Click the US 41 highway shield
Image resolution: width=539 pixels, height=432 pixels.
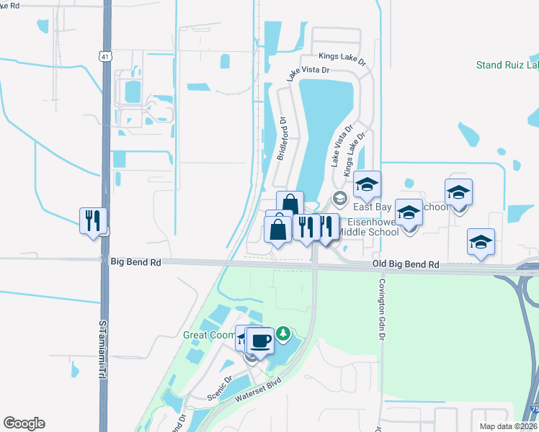click(107, 56)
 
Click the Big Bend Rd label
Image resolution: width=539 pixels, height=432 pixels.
click(135, 263)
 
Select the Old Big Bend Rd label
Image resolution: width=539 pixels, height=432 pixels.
click(406, 265)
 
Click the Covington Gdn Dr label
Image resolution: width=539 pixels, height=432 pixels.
click(381, 309)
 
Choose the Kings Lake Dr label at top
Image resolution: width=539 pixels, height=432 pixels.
click(342, 56)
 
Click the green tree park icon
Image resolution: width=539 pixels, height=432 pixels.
click(285, 333)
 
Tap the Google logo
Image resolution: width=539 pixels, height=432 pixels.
click(24, 423)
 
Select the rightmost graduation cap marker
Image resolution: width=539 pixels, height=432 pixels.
click(481, 241)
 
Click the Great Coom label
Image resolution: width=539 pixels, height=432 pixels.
click(209, 335)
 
